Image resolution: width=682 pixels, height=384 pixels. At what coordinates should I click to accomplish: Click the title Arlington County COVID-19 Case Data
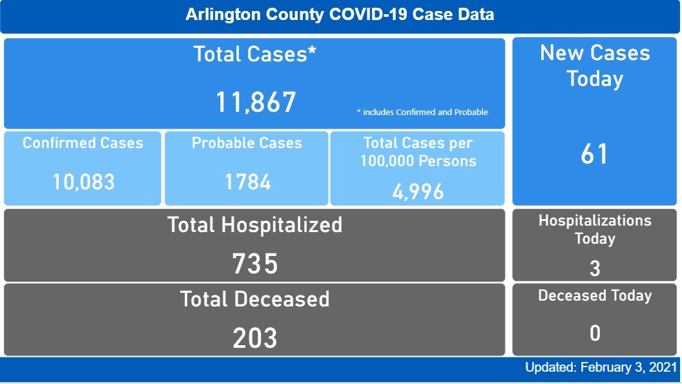(x=340, y=14)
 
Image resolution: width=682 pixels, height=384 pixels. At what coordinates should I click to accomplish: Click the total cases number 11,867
(x=255, y=102)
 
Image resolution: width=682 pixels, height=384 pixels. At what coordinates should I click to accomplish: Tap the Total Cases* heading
(x=255, y=54)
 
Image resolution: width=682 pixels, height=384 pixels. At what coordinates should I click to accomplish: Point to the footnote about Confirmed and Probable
(x=422, y=112)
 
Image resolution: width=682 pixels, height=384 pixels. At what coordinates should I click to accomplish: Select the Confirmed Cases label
(x=83, y=143)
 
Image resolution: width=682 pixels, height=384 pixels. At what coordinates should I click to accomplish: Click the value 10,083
(x=83, y=182)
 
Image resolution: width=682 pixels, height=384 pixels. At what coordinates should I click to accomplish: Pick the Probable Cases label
(x=247, y=143)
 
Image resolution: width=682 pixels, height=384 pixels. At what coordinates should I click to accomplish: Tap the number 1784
(x=247, y=182)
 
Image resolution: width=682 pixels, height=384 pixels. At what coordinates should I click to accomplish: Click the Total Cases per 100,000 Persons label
(x=418, y=152)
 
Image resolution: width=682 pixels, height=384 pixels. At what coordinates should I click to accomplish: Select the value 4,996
(x=418, y=191)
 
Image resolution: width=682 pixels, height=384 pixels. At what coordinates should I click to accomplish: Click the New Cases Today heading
(x=595, y=66)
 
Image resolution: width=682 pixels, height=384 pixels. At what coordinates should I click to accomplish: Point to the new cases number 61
(x=594, y=155)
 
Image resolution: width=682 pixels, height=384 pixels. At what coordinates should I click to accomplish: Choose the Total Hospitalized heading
(x=255, y=225)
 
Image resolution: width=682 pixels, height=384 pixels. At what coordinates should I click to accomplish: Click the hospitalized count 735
(x=255, y=264)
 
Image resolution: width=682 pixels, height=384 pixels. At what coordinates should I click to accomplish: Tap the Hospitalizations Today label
(x=595, y=229)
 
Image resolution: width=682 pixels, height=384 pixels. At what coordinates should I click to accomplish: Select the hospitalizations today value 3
(x=595, y=268)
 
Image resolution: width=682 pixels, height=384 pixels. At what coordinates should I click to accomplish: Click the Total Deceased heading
(x=255, y=299)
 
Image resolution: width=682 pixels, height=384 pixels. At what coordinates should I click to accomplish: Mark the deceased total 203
(x=255, y=337)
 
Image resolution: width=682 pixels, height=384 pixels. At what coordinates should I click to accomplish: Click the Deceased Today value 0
(x=595, y=333)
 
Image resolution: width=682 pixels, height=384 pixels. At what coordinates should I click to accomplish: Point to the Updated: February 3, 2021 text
(x=601, y=368)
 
